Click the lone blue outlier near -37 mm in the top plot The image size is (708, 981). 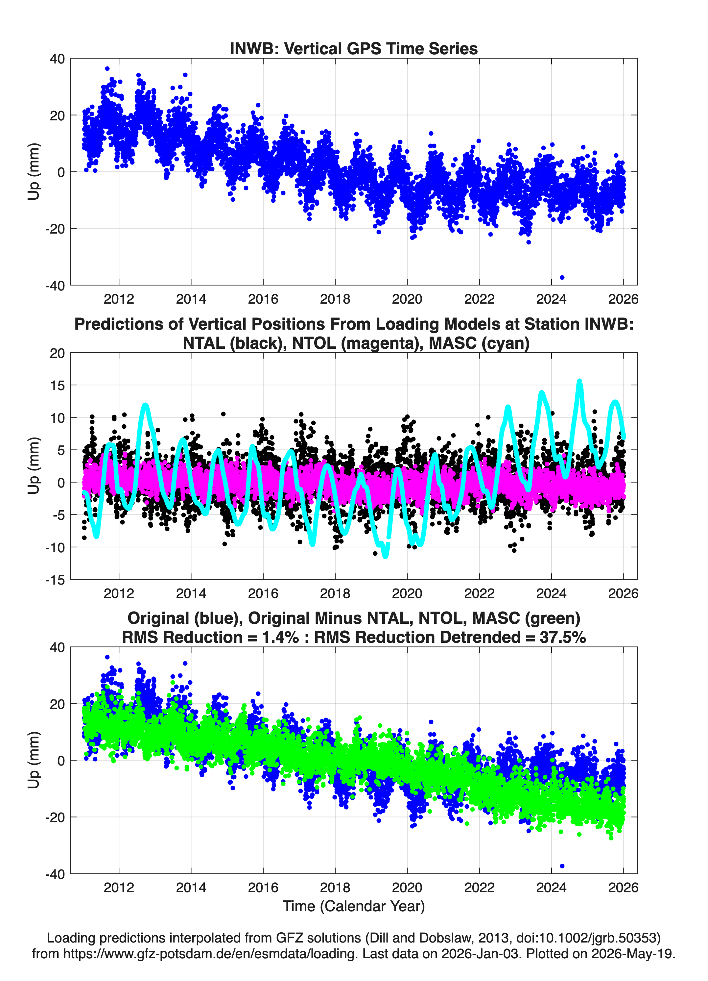click(562, 277)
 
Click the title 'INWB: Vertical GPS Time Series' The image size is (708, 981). click(354, 48)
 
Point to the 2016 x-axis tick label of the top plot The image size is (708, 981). click(263, 299)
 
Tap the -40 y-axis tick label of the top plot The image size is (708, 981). click(55, 286)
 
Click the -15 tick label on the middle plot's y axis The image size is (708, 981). click(55, 580)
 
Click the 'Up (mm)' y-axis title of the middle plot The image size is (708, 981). click(34, 466)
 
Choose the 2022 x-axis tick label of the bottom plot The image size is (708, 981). click(479, 888)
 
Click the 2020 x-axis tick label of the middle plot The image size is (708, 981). click(407, 593)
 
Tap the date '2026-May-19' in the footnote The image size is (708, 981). click(631, 953)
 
